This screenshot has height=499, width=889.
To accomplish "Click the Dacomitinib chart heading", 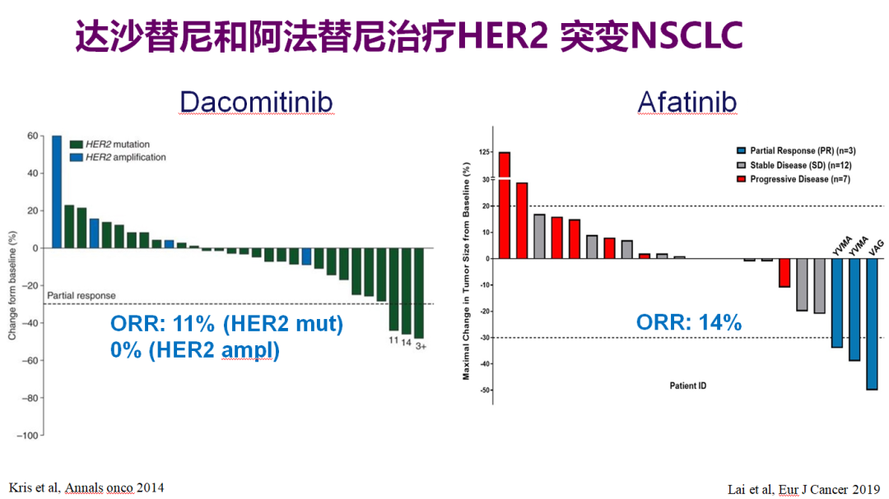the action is coord(256,103).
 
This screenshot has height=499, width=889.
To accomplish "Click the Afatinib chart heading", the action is coord(687,103).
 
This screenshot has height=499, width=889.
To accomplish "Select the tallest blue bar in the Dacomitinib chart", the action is coord(57,192).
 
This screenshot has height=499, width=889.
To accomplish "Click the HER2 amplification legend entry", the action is coord(118,158).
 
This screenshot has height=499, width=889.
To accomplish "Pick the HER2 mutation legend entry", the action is coord(110,145).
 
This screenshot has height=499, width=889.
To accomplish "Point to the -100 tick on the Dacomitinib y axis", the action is coord(27,436).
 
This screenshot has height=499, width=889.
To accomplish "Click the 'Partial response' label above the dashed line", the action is coord(81,296).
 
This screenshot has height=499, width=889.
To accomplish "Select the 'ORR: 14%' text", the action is coord(689,322).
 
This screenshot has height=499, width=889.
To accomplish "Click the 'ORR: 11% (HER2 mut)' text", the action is coord(227,324).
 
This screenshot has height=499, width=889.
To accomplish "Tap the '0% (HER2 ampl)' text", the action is coord(195,350).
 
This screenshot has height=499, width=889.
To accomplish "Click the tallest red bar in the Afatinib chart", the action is coord(504,205).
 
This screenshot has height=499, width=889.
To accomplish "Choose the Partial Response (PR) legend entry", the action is coord(796,150).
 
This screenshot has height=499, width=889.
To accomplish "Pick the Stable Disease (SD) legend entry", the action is coord(794,165).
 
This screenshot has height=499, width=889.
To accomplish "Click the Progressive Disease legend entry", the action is coord(794,179).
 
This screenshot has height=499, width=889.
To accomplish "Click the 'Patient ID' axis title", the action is coord(687,386).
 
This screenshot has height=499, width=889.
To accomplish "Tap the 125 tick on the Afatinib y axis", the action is coord(484,152).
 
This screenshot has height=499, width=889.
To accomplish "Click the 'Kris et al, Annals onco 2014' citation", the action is coord(86,487).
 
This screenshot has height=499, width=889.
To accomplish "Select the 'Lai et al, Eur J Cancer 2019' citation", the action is coord(804,489).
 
